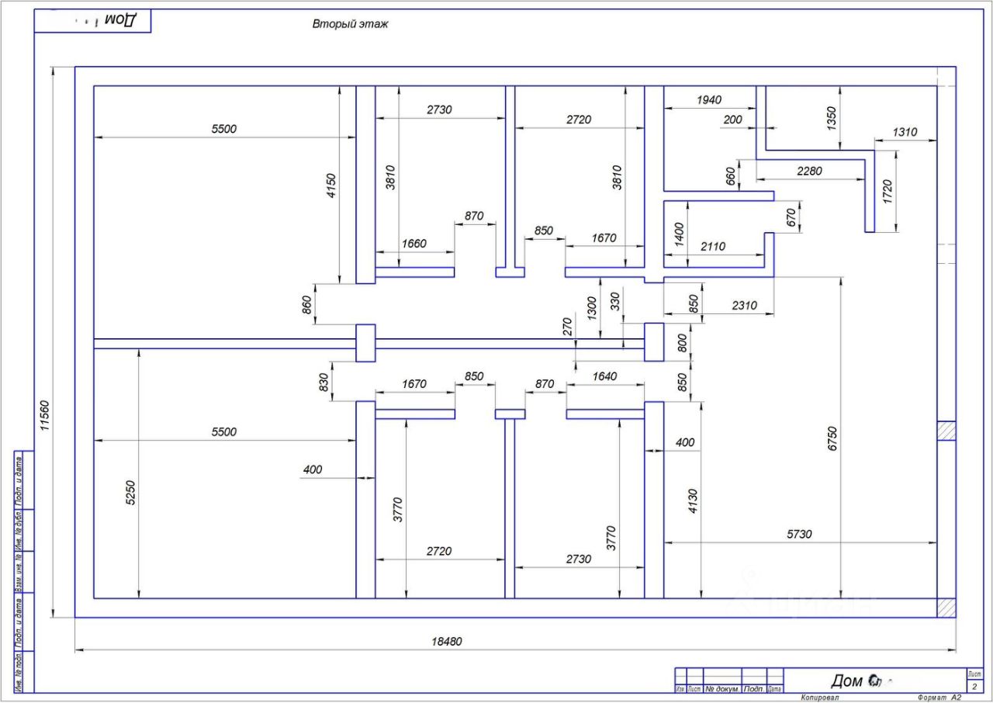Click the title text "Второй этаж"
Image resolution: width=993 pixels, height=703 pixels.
350,24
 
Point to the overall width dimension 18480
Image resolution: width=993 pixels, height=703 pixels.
446,642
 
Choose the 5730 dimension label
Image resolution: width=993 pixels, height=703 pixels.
799,535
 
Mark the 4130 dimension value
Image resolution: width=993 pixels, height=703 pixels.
692,503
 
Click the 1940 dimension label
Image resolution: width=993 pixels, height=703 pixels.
708,100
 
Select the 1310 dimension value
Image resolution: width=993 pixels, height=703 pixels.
904,133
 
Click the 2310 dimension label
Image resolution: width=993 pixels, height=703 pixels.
744,306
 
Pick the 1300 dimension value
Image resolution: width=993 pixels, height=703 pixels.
592,308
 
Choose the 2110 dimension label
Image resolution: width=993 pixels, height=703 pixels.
712,247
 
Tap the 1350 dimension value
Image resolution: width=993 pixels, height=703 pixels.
832,119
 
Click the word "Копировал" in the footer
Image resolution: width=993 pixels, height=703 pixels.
820,698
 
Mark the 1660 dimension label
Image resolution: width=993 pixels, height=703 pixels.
413,244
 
